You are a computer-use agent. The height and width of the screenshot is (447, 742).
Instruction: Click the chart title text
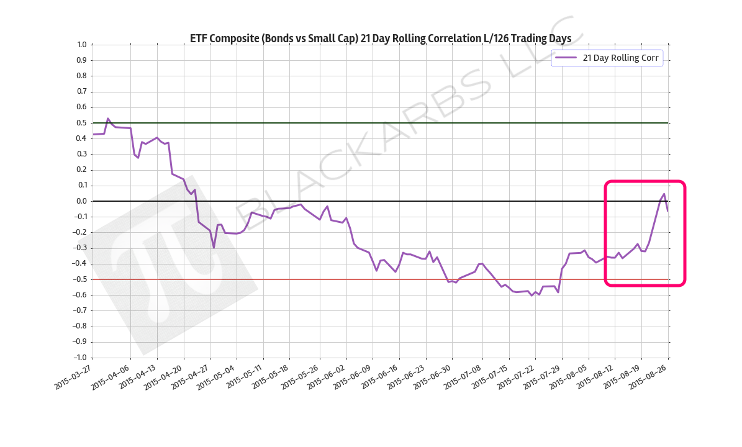(380, 38)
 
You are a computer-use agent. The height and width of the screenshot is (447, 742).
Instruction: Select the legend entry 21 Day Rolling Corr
(620, 58)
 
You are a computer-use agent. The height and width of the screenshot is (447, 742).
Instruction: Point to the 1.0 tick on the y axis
(82, 45)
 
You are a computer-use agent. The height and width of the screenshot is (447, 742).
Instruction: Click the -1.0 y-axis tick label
(80, 358)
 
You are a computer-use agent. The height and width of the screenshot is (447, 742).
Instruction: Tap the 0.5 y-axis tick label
(82, 123)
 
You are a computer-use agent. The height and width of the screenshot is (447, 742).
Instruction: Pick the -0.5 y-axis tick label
(80, 279)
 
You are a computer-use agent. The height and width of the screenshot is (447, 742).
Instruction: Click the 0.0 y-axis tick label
(82, 201)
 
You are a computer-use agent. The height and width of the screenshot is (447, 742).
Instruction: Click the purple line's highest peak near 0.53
(108, 118)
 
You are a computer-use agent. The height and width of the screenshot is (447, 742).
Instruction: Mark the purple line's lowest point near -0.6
(532, 296)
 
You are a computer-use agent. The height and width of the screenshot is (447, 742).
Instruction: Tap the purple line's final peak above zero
(664, 194)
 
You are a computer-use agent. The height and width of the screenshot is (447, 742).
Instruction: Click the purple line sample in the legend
(566, 58)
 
